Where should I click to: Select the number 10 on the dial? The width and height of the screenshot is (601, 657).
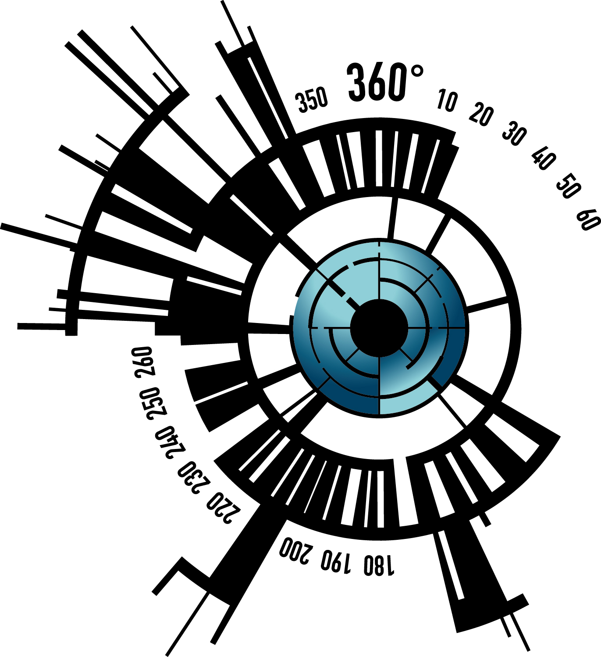tap(447, 100)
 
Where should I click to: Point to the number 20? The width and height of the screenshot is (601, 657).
tap(481, 114)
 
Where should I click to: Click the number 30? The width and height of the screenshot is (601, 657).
tap(515, 133)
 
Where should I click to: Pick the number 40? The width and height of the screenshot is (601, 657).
tap(543, 158)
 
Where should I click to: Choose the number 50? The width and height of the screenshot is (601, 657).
tap(569, 185)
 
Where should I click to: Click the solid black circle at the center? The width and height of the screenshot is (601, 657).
tap(379, 328)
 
